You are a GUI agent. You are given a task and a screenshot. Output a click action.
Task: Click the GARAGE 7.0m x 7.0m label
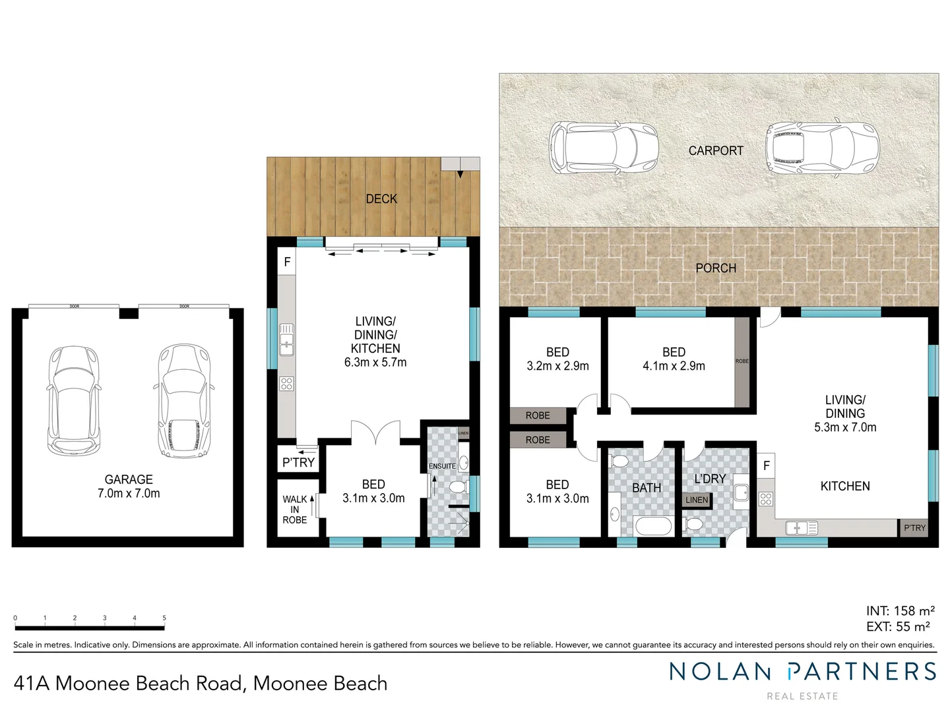coord(129,487)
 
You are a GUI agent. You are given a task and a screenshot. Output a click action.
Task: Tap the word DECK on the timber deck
coord(381,198)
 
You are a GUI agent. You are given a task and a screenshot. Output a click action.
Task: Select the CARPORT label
coord(716,151)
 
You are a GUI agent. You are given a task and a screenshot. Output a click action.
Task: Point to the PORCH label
coord(716,268)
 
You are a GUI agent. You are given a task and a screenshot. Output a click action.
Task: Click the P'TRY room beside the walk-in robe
coord(298,462)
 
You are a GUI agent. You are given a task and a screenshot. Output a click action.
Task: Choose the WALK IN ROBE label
coord(295,510)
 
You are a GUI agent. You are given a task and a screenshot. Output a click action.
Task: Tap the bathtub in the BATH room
coord(652,525)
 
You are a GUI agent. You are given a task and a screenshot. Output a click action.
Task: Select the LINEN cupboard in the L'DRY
coord(697,500)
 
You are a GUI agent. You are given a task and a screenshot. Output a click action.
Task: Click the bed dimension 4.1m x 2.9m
coord(674,366)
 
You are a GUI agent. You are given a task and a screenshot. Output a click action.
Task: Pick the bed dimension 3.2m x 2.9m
coord(557,366)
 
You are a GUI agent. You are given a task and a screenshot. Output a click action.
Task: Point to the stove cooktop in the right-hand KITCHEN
coord(766,499)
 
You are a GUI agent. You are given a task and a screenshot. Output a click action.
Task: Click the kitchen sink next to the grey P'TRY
coord(802,527)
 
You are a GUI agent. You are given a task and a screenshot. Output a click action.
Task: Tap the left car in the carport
coord(603,148)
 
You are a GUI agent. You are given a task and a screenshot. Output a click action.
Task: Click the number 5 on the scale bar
coord(164,618)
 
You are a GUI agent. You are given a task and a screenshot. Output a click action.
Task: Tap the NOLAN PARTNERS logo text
coord(802,672)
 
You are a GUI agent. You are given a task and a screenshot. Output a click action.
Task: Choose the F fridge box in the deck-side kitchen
coord(287,262)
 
